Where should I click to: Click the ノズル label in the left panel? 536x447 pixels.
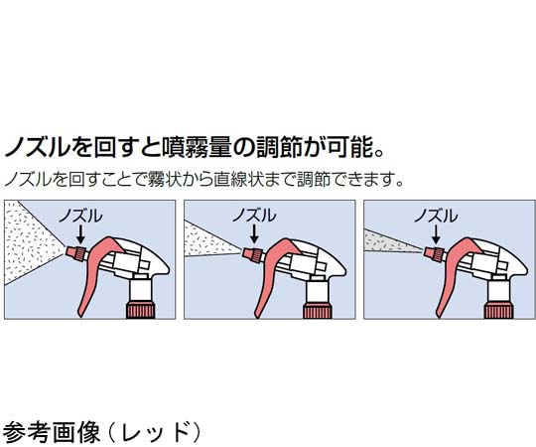point(80,217)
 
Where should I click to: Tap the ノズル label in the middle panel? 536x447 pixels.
point(254,217)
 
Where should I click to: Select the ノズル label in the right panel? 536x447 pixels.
point(436,217)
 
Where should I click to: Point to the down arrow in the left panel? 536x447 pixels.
point(80,234)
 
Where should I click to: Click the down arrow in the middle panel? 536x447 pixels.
point(254,234)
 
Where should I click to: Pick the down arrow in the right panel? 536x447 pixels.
point(436,234)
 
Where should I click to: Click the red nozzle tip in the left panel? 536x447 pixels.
point(74,253)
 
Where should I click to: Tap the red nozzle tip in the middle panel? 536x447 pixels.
point(253,253)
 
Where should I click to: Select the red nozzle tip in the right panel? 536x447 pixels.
point(434,253)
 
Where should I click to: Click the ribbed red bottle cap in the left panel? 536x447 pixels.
point(141,310)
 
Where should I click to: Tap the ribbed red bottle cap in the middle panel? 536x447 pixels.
point(318,310)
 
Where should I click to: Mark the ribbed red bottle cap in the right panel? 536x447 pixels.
point(498,310)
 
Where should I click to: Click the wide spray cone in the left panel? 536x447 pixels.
point(31,243)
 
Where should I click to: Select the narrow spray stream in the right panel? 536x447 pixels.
point(390,242)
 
